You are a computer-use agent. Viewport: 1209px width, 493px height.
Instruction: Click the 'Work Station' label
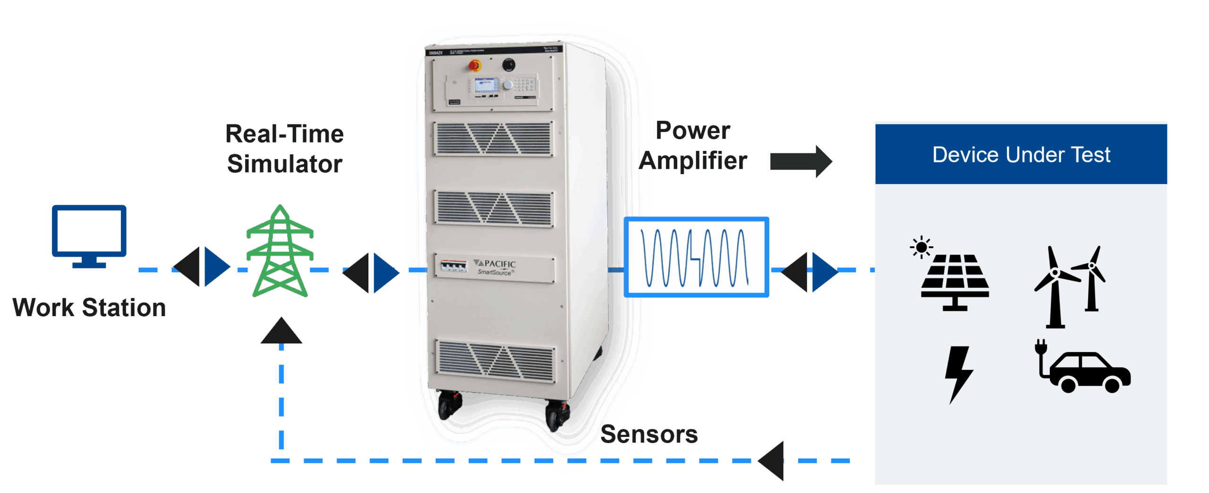coord(89,308)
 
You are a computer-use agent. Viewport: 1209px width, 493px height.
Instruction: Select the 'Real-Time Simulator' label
coord(284,149)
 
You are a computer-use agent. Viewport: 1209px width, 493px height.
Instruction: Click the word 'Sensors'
coord(649,434)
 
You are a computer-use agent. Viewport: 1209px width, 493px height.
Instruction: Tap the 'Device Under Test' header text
coord(1021,155)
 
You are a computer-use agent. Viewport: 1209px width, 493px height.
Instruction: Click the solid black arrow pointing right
coord(801,161)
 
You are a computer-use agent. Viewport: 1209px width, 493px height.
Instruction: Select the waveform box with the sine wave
coord(696,257)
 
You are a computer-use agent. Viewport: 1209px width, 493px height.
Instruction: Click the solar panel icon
coord(954,278)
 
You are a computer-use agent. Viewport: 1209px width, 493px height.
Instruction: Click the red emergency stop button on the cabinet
coord(475,66)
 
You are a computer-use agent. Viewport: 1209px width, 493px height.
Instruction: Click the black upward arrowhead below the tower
coord(281,331)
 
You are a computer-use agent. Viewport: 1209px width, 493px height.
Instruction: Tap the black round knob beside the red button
coord(508,64)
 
